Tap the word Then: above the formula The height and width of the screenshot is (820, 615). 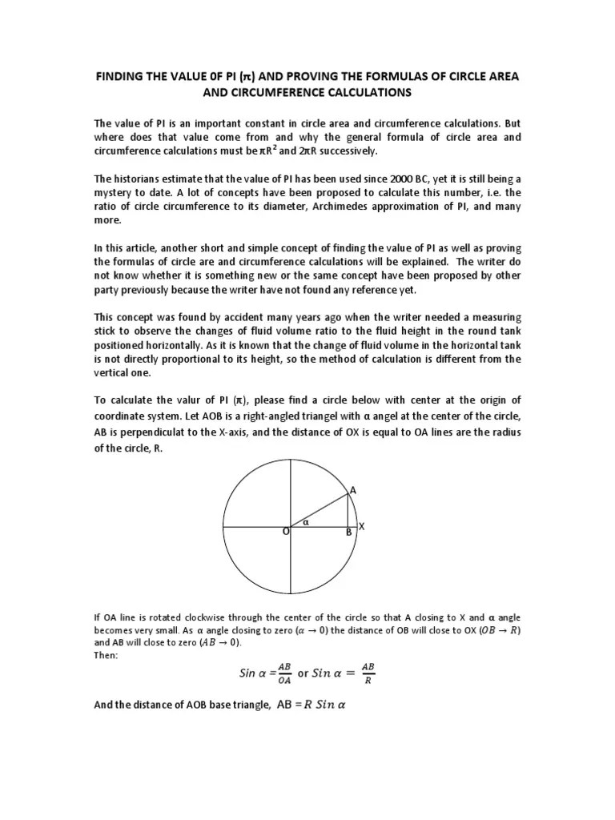pyautogui.click(x=105, y=656)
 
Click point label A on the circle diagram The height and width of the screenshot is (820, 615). pyautogui.click(x=353, y=490)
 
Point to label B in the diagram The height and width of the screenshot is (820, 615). pyautogui.click(x=348, y=532)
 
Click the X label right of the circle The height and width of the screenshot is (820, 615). pyautogui.click(x=361, y=526)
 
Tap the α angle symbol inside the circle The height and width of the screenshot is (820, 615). pyautogui.click(x=305, y=521)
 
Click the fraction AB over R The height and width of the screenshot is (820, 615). pyautogui.click(x=368, y=673)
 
